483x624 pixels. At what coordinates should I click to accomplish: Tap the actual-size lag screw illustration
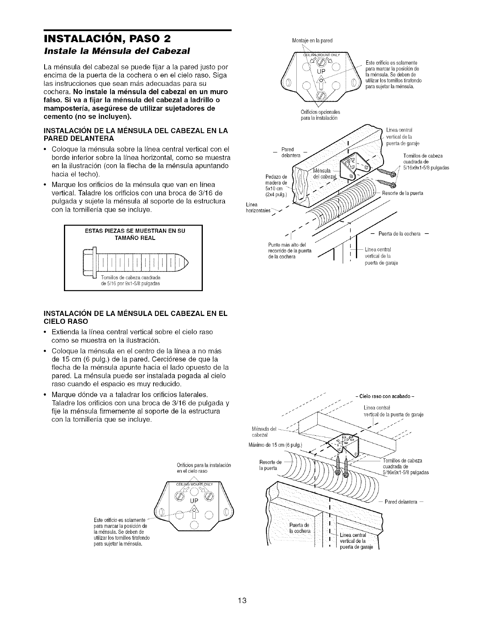click(136, 261)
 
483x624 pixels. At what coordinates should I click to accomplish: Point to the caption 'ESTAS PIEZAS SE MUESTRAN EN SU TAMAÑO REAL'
click(133, 234)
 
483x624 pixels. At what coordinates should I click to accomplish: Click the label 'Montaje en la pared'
click(312, 40)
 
